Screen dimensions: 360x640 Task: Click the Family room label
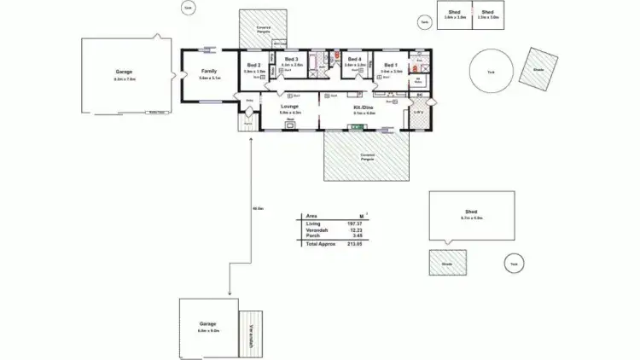[209, 71]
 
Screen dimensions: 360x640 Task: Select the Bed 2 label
[254, 65]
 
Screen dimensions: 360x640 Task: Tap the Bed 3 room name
[292, 60]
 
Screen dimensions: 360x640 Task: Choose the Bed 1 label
[391, 65]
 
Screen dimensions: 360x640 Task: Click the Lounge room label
[290, 107]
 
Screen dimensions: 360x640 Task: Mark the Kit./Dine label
[364, 107]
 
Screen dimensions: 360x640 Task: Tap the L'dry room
[418, 112]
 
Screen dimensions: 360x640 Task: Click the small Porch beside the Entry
[249, 123]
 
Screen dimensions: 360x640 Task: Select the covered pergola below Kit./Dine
[367, 155]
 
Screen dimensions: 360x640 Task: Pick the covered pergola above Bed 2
[265, 30]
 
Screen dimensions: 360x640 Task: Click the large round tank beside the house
[492, 72]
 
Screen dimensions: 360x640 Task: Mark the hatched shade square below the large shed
[448, 264]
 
